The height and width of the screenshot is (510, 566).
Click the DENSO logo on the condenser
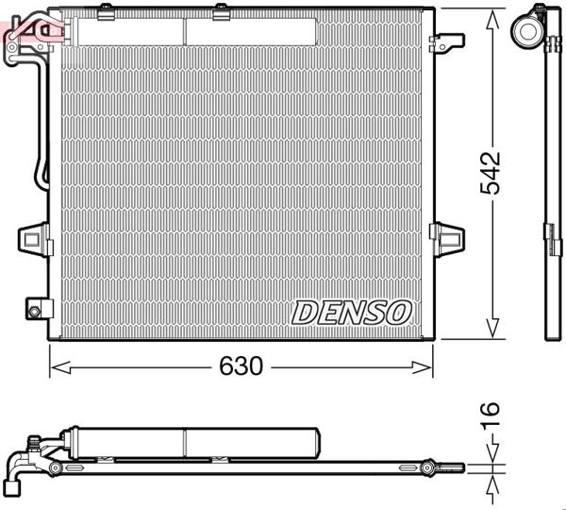(351, 311)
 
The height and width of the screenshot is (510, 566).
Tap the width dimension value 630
(241, 365)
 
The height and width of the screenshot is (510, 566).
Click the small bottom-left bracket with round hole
(35, 309)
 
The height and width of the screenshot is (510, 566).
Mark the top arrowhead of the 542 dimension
(491, 21)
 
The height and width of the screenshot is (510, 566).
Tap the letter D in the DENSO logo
(306, 311)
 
